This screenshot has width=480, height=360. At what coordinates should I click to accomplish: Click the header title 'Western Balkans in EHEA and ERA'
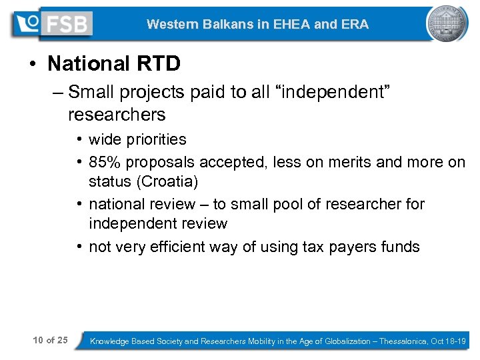point(257,25)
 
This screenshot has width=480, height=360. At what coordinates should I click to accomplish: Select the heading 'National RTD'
point(114,64)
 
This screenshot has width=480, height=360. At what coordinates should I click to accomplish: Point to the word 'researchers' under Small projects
point(117,115)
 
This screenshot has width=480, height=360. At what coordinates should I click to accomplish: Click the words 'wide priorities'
point(137,140)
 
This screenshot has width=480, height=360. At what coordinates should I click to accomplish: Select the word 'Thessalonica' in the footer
point(404,341)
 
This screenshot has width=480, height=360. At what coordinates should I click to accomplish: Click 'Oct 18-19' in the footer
point(448,341)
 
